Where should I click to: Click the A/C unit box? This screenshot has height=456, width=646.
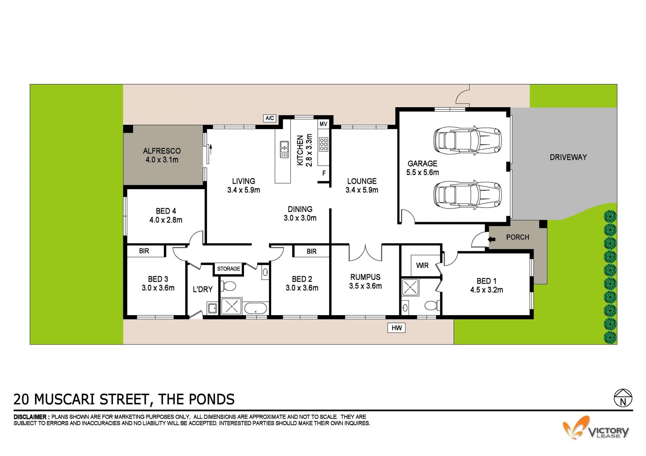click(x=270, y=118)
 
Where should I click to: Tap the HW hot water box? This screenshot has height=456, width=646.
click(x=397, y=328)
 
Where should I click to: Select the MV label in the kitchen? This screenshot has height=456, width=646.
click(x=323, y=124)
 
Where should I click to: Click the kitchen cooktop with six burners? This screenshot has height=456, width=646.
click(x=324, y=144)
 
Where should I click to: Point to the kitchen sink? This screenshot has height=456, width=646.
click(x=284, y=150)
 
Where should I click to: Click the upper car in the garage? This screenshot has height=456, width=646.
click(x=468, y=140)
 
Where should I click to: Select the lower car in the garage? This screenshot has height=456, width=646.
click(x=468, y=195)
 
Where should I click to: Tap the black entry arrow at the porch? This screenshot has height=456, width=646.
click(x=492, y=239)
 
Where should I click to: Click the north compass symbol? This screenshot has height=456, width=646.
click(x=623, y=398)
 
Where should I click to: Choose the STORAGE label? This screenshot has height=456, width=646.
click(x=228, y=268)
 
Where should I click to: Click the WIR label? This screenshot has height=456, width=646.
click(x=422, y=265)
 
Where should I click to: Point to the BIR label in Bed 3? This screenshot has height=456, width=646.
click(x=144, y=251)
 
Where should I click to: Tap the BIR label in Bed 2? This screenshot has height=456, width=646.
click(x=312, y=251)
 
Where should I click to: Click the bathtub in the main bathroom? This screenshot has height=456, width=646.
click(x=255, y=308)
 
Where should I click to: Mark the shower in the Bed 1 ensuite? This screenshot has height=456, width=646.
click(x=410, y=287)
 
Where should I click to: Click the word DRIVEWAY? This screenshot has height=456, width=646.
click(x=568, y=157)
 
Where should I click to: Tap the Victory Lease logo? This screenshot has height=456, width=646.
click(x=596, y=427)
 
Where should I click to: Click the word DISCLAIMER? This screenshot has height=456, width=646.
click(x=30, y=417)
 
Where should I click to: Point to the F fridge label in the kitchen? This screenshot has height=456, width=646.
click(x=324, y=173)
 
